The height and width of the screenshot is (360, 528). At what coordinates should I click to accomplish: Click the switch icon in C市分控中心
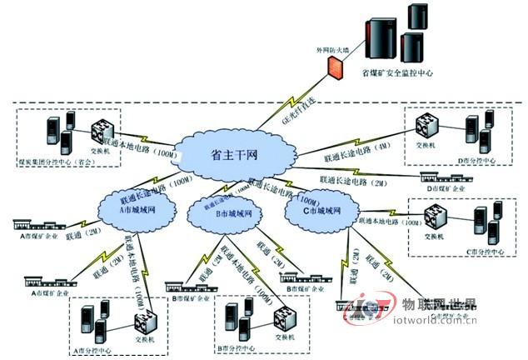click(x=433, y=216)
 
